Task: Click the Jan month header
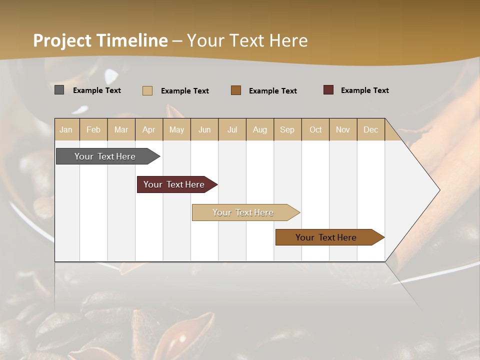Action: (x=66, y=129)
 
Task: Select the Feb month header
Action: (x=93, y=129)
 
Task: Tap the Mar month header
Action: (x=121, y=129)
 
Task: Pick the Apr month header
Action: (x=149, y=129)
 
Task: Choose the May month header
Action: (x=176, y=129)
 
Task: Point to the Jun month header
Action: (x=204, y=129)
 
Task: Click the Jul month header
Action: (x=232, y=129)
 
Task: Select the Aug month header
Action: (x=260, y=129)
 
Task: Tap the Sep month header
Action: (x=287, y=129)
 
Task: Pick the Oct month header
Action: (x=315, y=129)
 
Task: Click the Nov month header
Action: (x=343, y=129)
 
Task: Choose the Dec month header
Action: (x=371, y=129)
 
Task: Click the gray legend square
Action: (x=59, y=90)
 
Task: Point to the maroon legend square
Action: (x=328, y=90)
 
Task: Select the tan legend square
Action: (x=147, y=90)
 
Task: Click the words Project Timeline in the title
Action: (x=100, y=40)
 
